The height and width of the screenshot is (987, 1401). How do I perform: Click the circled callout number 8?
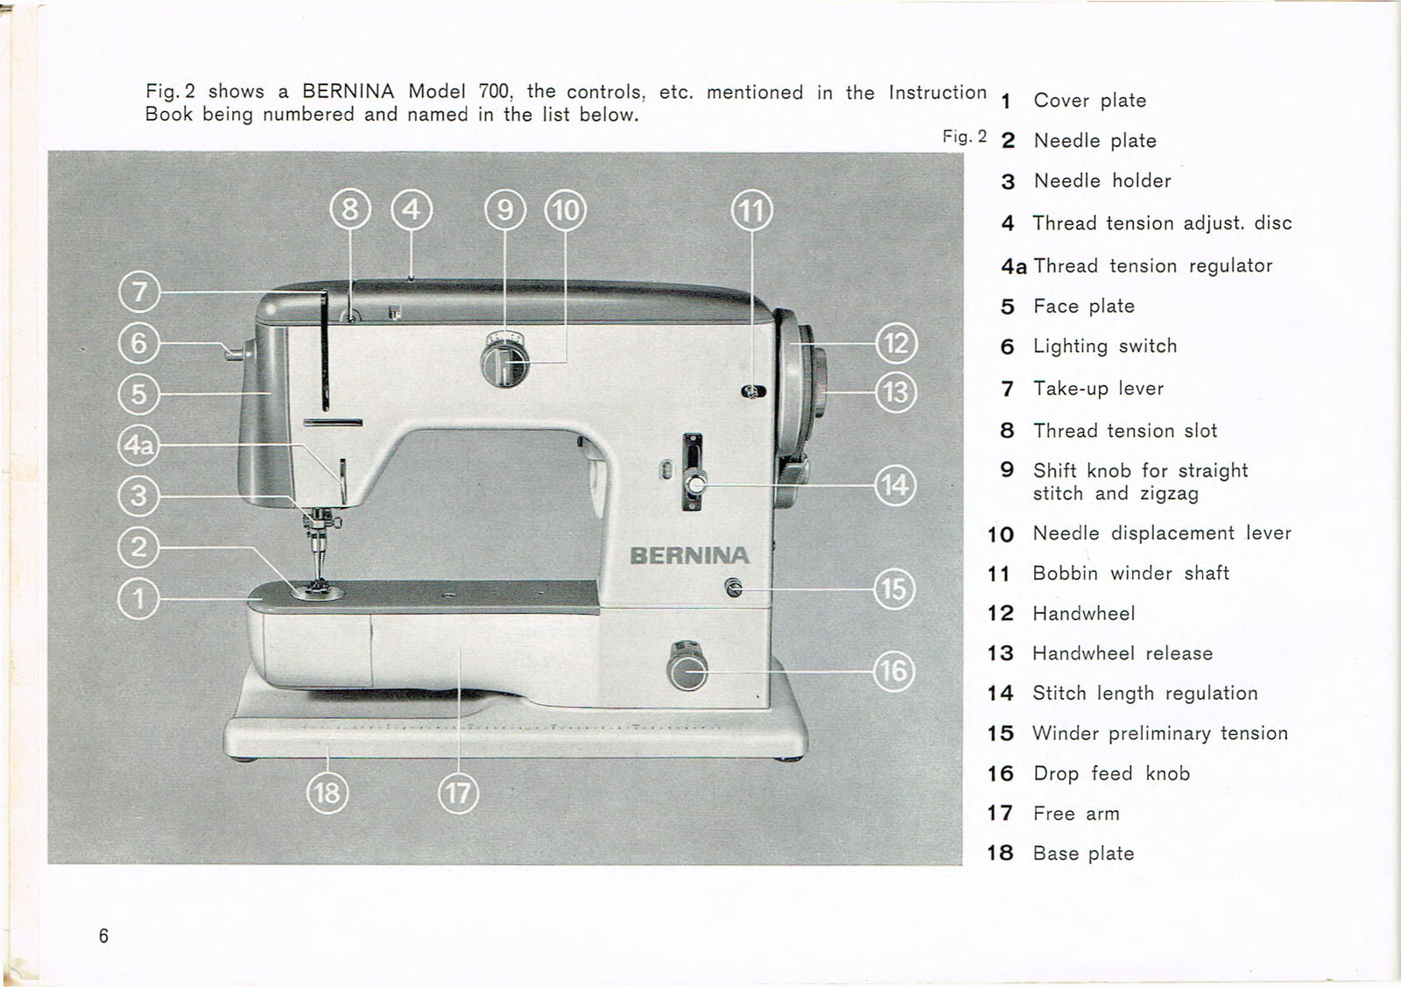click(350, 210)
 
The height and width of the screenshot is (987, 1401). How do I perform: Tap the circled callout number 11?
click(751, 211)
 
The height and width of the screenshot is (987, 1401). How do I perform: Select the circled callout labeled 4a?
click(138, 446)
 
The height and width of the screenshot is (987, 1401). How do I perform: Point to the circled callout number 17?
click(458, 793)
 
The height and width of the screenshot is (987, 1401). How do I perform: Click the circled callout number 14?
click(895, 484)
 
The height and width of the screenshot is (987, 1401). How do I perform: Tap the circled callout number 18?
click(327, 793)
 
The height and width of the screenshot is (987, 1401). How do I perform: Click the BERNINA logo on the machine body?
click(689, 556)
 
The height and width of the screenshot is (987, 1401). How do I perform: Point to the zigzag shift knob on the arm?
click(503, 362)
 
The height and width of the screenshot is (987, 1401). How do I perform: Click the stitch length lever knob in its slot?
click(695, 483)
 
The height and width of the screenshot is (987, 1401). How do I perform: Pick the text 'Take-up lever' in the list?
click(1098, 388)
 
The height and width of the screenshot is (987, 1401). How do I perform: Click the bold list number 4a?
click(1013, 266)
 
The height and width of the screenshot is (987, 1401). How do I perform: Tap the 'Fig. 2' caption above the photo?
click(964, 137)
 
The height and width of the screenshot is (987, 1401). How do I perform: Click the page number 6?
click(103, 936)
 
